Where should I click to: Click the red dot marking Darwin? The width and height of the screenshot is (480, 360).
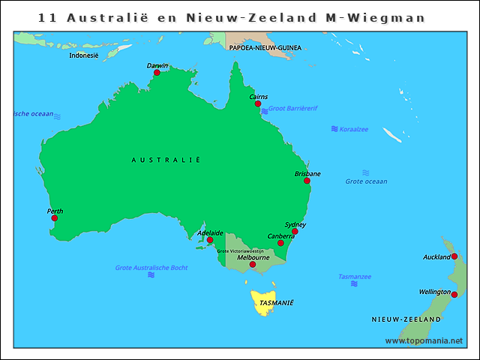157,73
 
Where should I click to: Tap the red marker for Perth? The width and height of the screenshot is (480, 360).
54,218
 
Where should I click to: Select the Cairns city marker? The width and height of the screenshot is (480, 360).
258,104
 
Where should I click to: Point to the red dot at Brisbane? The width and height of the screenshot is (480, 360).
307,181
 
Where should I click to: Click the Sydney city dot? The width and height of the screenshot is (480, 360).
295,232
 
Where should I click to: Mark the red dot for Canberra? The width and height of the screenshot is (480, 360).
280,243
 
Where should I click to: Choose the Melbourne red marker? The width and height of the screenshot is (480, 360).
252,264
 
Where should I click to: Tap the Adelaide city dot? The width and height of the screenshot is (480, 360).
210,240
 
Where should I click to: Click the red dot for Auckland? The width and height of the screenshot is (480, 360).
454,256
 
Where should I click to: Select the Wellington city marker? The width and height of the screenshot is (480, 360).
454,295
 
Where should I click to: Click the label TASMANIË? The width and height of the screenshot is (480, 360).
276,303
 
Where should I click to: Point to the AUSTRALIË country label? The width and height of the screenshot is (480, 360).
166,160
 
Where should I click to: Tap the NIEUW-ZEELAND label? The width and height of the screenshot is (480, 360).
406,319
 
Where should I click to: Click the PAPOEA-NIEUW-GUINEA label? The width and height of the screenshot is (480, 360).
265,47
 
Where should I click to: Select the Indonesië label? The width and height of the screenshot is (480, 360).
83,55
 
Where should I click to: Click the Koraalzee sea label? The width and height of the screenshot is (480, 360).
355,129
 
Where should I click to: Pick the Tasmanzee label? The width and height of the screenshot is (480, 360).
354,276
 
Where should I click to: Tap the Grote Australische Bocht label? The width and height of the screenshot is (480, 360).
151,268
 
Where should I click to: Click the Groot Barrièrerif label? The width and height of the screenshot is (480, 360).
292,108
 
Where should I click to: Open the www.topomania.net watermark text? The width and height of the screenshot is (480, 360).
424,340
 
